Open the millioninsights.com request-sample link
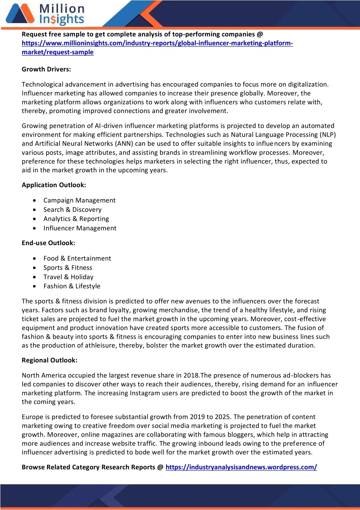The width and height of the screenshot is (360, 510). tap(157, 43)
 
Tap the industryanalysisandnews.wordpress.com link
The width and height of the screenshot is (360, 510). tap(241, 467)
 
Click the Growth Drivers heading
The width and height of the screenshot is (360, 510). tap(46, 69)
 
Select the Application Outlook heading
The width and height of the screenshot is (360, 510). tap(53, 185)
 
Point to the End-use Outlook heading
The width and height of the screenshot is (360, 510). tap(48, 243)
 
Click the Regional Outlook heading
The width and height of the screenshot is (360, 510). tap(49, 360)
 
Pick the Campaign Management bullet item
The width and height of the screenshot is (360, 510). tap(79, 200)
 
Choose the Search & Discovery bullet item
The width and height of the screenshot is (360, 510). tap(72, 210)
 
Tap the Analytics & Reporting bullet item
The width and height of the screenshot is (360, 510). tap(76, 219)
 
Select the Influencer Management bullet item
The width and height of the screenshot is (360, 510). tap(80, 228)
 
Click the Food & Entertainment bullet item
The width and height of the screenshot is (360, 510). tap(77, 259)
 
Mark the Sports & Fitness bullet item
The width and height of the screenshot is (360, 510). tap(68, 268)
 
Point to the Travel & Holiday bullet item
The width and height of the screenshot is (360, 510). tap(68, 277)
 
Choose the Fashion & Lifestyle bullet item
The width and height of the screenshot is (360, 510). tap(72, 286)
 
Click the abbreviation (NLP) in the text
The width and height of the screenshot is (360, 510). tap(328, 135)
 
